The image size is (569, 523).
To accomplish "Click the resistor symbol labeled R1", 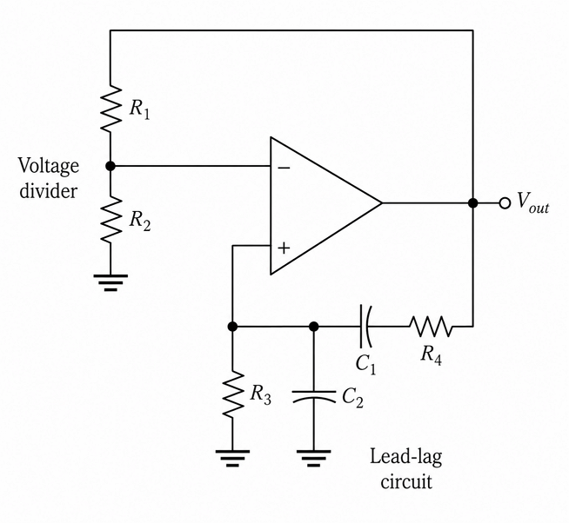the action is click(110, 108).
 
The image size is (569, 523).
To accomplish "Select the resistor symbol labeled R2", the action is click(110, 219).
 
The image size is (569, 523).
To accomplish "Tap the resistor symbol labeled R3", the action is click(232, 394).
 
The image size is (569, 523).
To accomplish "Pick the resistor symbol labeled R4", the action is click(432, 326).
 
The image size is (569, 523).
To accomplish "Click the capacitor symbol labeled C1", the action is click(365, 326).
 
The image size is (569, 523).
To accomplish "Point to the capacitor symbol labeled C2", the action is click(314, 396).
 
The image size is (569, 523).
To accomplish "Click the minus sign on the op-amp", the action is click(284, 168).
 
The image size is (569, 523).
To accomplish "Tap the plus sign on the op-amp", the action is click(284, 248).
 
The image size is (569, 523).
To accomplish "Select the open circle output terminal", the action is click(505, 203).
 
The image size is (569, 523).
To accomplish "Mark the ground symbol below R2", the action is click(110, 282).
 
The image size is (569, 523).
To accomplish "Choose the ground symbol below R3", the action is click(232, 459).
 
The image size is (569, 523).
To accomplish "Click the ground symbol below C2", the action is click(314, 459).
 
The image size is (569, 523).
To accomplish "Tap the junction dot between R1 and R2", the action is click(110, 166).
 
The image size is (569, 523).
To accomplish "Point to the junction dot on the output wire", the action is click(472, 203).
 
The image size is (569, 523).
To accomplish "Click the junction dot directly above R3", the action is click(232, 326).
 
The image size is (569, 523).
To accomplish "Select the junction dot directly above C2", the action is click(314, 326).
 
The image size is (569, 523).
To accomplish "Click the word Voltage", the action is click(49, 166).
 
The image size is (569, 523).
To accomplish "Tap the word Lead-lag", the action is click(406, 457).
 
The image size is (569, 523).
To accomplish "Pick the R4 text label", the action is click(432, 354).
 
